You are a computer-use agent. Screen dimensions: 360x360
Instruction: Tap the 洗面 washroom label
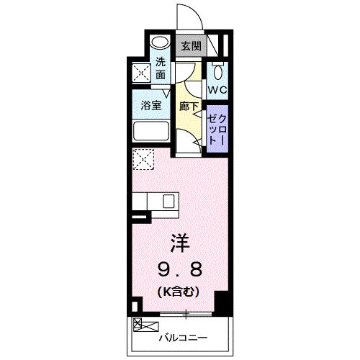coord(161,68)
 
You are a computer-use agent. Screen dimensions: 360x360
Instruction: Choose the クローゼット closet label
coord(217,128)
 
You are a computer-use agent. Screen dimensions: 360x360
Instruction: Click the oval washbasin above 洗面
coord(161,42)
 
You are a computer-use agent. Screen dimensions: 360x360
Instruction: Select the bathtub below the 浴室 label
coord(150,132)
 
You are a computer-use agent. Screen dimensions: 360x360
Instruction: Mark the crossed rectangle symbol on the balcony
coord(141,324)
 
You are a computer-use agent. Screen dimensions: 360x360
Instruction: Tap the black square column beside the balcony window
coord(222,303)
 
